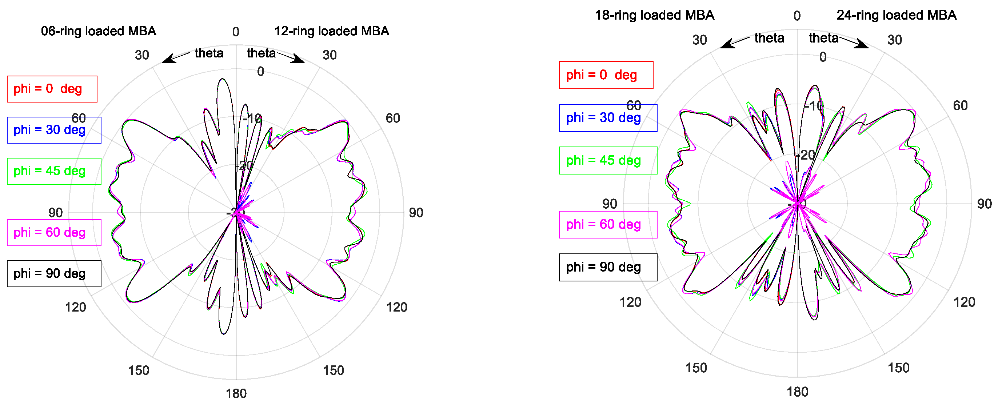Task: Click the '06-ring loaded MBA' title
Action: [x=99, y=31]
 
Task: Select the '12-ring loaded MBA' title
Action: [x=332, y=31]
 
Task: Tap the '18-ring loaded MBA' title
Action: [x=654, y=15]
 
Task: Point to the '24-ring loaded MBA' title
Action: [x=896, y=15]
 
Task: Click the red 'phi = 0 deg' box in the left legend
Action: [x=52, y=89]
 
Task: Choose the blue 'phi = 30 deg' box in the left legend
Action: [x=54, y=130]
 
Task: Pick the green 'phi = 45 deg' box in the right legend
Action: [x=608, y=160]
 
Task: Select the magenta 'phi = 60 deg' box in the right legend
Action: [x=608, y=225]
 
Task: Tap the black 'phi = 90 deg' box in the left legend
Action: [x=54, y=274]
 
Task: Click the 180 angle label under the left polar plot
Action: [x=236, y=394]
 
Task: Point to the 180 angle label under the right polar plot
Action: [x=797, y=392]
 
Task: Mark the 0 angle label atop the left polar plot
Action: [x=236, y=32]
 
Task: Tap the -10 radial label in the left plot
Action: [x=252, y=119]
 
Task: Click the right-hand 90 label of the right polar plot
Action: [x=984, y=204]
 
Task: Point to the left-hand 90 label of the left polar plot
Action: [x=55, y=213]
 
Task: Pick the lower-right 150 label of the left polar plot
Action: [x=333, y=370]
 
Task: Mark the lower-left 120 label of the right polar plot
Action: [x=630, y=302]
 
